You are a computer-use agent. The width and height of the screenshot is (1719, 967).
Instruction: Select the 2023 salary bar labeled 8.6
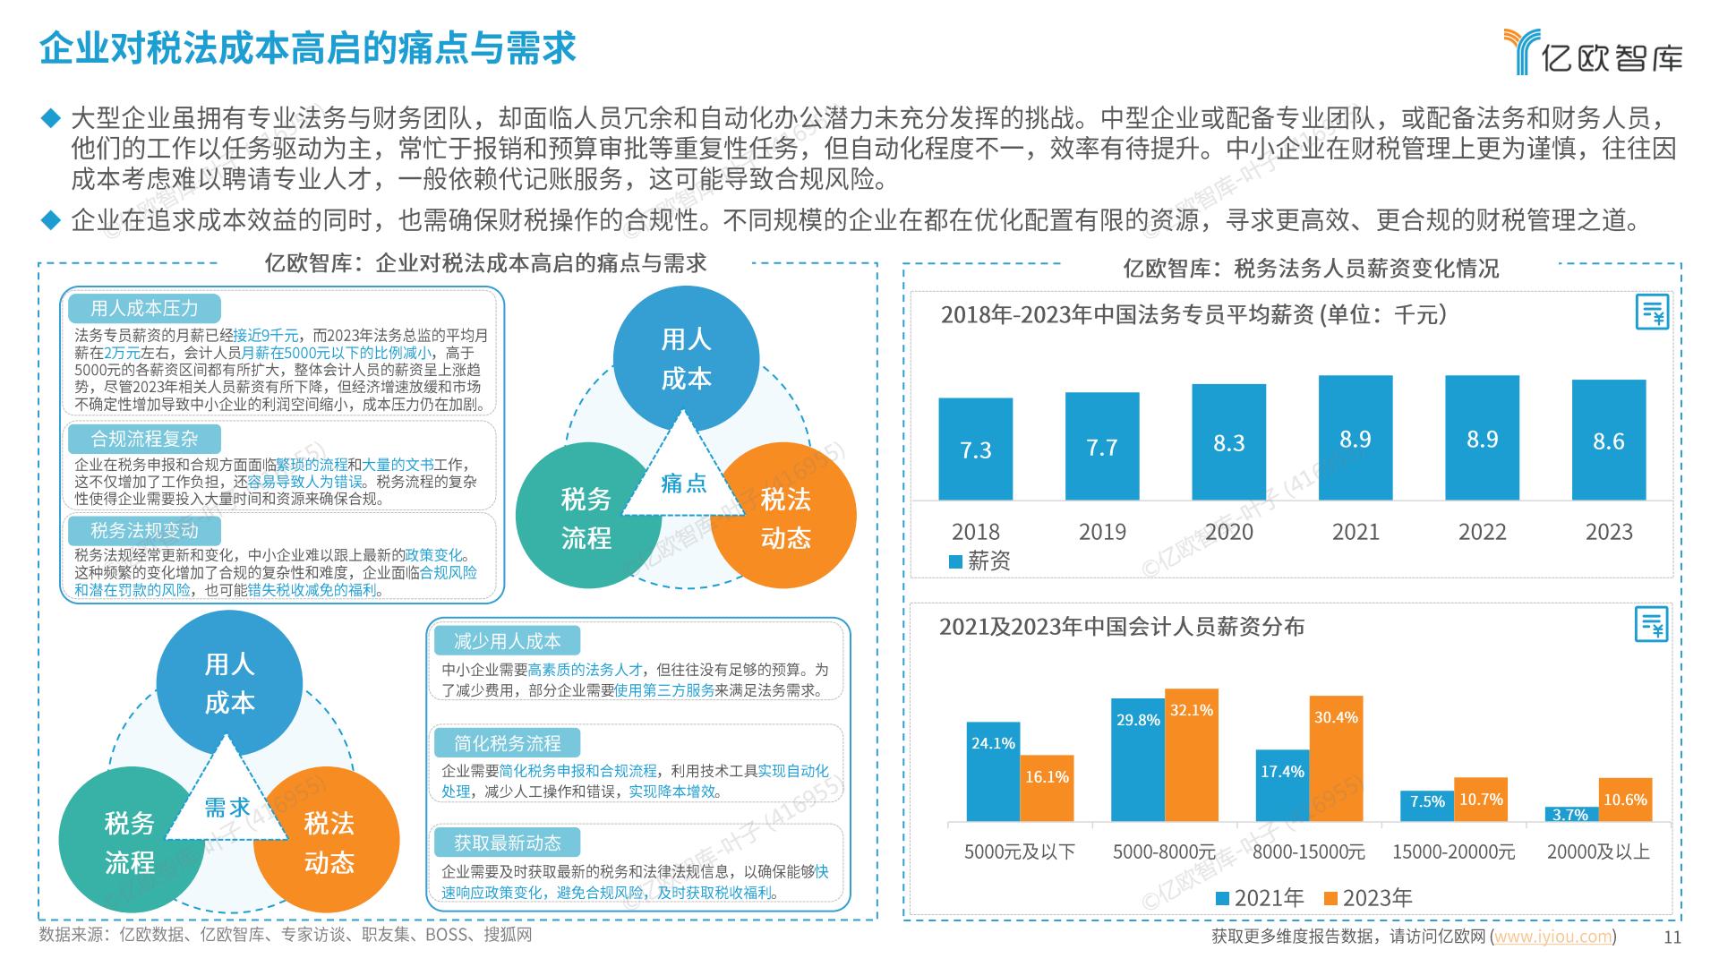point(1608,440)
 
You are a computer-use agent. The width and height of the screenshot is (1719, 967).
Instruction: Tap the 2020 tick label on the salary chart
point(1228,532)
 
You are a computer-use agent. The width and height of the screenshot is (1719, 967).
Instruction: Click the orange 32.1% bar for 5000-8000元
point(1191,755)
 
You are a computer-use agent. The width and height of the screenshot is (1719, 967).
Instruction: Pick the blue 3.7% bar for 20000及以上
point(1570,814)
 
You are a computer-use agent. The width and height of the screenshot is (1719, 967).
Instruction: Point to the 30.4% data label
point(1336,717)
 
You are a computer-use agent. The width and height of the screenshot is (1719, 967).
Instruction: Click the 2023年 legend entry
point(1367,898)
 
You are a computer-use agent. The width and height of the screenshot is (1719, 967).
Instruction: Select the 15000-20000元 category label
point(1453,851)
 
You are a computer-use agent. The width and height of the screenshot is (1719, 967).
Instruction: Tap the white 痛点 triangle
point(683,479)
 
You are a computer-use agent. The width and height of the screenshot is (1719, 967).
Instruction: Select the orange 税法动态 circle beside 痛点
point(785,518)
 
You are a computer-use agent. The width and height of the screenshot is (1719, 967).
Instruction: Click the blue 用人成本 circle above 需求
point(229,682)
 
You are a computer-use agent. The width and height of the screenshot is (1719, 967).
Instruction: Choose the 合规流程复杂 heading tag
point(144,439)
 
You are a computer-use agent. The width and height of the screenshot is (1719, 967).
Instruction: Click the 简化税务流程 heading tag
point(507,743)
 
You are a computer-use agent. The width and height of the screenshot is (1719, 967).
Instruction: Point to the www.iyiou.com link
point(1552,937)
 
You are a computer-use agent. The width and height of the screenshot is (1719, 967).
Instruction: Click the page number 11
point(1672,937)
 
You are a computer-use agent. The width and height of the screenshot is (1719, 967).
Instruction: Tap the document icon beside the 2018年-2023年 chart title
point(1652,312)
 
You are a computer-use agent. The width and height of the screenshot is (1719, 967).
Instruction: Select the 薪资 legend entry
point(979,561)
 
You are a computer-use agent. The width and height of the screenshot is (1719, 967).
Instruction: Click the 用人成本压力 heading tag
point(144,309)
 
